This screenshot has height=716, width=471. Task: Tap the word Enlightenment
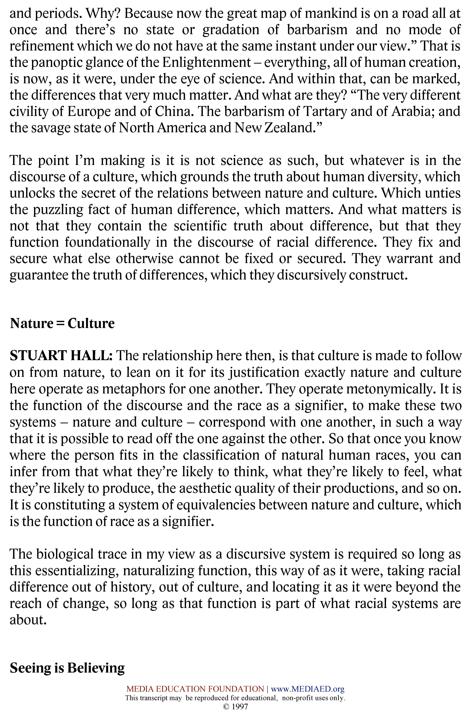(206, 63)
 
